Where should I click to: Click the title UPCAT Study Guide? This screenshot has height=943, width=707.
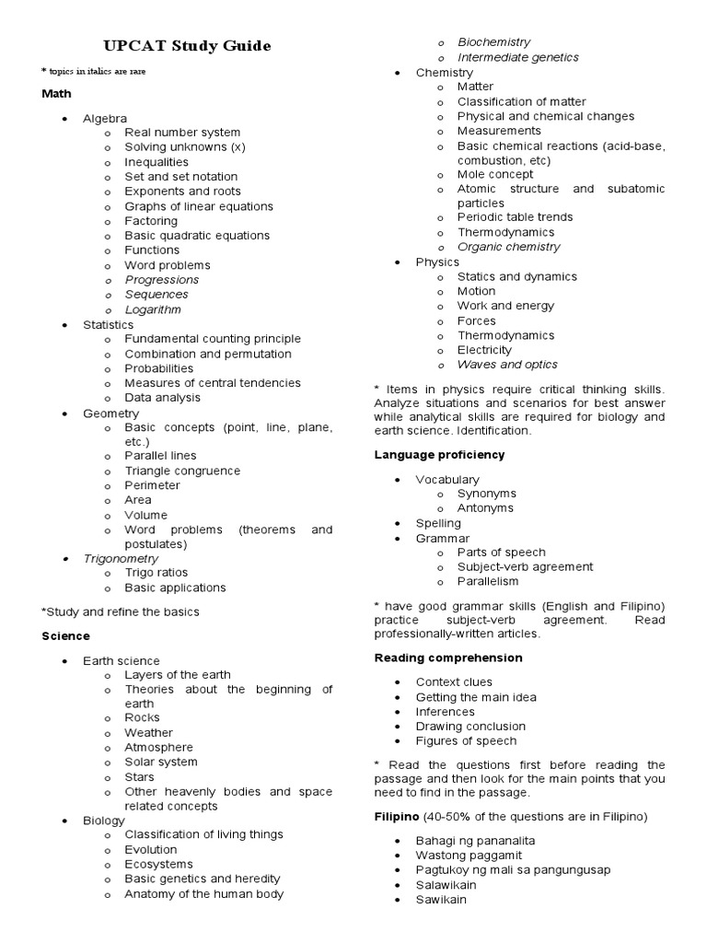tap(187, 46)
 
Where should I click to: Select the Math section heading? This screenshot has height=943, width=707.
tap(56, 94)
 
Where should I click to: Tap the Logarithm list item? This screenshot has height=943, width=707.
tap(153, 309)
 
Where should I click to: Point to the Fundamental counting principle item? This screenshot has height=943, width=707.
tap(213, 339)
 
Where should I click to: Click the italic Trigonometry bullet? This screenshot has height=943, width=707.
tap(121, 558)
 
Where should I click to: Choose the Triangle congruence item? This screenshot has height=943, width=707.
tap(182, 471)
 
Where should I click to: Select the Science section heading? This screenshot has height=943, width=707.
tap(65, 636)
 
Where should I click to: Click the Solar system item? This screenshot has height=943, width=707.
tap(161, 762)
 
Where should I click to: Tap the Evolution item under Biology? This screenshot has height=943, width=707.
tap(151, 849)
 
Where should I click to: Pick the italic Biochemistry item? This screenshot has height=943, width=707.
tap(494, 42)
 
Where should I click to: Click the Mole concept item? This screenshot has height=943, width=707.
tap(495, 174)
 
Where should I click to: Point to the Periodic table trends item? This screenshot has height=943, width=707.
tap(515, 217)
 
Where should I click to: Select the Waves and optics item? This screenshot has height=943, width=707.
tap(507, 365)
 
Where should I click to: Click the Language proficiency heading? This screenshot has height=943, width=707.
tap(439, 455)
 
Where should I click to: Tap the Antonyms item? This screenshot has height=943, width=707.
tap(485, 508)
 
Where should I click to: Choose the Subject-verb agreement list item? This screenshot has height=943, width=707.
tap(525, 567)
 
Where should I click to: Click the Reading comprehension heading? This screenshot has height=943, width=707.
tap(448, 658)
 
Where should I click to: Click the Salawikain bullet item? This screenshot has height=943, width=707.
tap(451, 885)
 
